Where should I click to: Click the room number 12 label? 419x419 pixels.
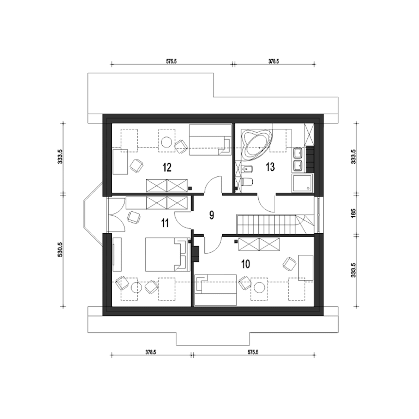point(167,167)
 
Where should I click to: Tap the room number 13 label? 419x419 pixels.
point(270,167)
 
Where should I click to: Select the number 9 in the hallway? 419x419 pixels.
point(211,215)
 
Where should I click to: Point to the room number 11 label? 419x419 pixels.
point(165,223)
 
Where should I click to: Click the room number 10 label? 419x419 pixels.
point(246,264)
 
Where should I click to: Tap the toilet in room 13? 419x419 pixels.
point(247,182)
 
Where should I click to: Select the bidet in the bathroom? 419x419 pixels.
point(246,169)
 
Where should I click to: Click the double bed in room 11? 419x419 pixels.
point(167,254)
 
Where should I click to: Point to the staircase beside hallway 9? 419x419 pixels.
point(275,225)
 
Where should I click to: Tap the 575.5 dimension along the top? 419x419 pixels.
point(171,62)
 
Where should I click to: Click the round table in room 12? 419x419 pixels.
point(167,142)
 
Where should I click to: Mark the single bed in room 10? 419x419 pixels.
point(216,290)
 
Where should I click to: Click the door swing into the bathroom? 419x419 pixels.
point(266,203)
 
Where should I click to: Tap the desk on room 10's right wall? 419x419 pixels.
point(305,268)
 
